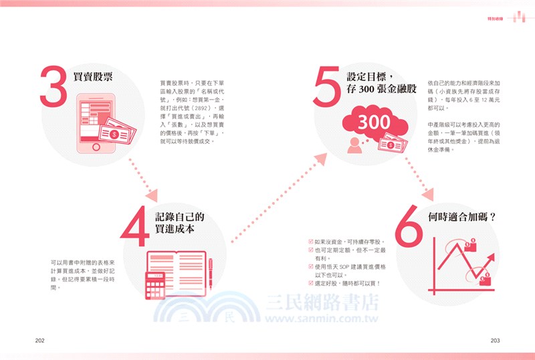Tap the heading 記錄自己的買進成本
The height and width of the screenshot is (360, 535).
(180, 222)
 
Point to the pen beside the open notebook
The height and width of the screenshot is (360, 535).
(210, 274)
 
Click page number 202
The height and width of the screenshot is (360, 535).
(39, 340)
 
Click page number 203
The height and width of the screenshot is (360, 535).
(495, 340)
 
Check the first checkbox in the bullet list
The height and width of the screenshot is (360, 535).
(310, 241)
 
